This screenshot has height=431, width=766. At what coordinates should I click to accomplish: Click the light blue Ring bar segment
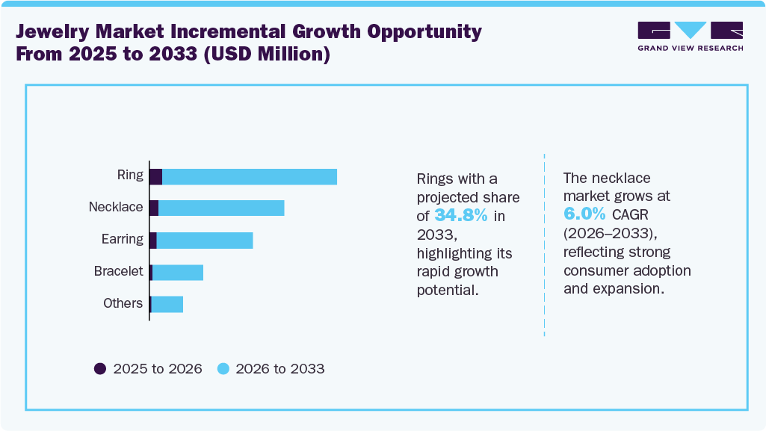tap(250, 176)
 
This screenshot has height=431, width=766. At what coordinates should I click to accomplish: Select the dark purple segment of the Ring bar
tap(155, 176)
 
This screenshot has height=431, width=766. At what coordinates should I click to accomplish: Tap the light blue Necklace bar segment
tap(221, 208)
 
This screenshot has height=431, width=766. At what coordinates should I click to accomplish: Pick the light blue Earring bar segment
tap(205, 240)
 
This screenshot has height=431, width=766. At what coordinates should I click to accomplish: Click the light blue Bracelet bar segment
tap(178, 272)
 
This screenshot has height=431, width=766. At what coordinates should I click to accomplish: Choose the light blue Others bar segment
tap(167, 304)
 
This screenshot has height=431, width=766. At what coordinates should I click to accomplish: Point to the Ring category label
tap(130, 176)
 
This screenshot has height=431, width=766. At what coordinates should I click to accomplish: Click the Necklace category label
tap(116, 207)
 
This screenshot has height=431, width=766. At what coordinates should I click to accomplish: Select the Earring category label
tap(122, 239)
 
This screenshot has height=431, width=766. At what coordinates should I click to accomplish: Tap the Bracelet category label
tap(118, 271)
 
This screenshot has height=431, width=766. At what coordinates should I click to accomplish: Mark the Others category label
tap(123, 303)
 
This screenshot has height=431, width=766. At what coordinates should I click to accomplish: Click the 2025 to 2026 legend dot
tap(100, 368)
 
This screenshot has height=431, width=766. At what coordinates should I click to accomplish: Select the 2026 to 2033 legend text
tap(280, 368)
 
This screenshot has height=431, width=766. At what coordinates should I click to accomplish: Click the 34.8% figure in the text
tap(461, 216)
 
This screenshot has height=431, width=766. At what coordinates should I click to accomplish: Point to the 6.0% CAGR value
tap(584, 214)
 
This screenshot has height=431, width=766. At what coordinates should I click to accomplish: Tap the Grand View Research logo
tap(690, 36)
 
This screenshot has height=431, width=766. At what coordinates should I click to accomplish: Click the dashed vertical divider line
tap(544, 246)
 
